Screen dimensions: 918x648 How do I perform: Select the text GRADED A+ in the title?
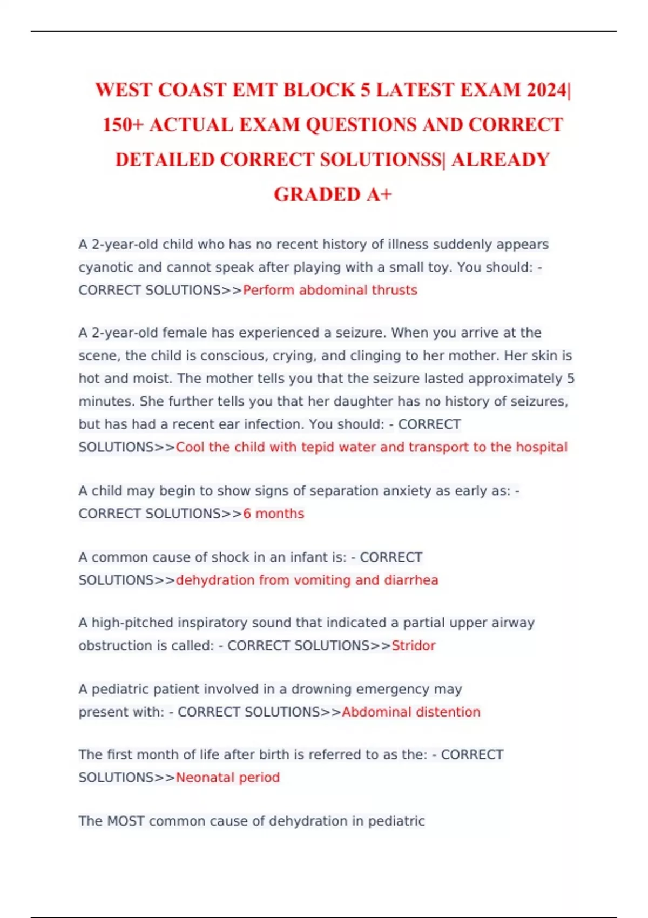click(x=333, y=194)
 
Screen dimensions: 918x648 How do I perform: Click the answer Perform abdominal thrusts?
click(x=330, y=290)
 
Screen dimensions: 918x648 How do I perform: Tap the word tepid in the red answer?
click(x=318, y=447)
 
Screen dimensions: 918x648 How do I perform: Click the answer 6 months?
click(x=273, y=514)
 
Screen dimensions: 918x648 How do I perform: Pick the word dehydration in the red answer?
click(x=215, y=580)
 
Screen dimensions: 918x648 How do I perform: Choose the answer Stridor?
click(x=413, y=645)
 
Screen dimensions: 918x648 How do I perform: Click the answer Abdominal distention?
click(x=411, y=712)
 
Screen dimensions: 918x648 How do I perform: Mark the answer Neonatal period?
click(x=227, y=778)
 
